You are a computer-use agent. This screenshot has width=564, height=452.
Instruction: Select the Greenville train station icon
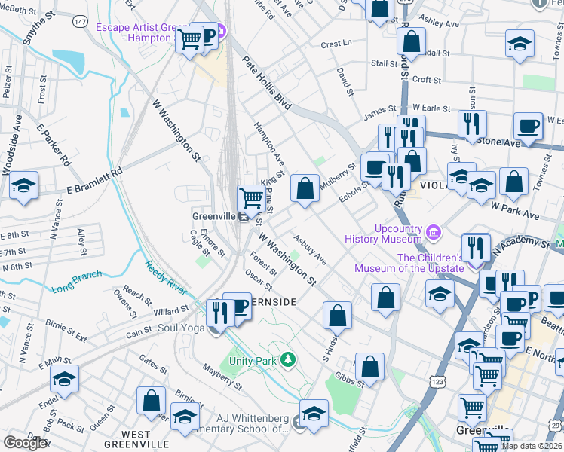(x=244, y=217)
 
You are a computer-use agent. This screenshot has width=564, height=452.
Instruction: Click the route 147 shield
(x=79, y=22)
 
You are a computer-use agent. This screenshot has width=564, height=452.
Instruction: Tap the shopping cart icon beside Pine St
(x=250, y=199)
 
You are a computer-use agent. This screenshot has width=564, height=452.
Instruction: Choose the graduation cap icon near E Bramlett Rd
(x=24, y=185)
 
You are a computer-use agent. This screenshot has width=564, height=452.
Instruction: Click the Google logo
(x=25, y=443)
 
